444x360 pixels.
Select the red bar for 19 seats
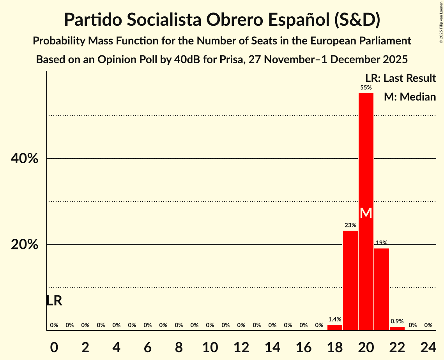350,281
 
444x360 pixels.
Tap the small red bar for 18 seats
334,328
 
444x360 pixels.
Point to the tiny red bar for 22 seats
397,328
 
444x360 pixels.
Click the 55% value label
366,88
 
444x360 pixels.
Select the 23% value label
350,225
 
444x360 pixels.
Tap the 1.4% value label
334,319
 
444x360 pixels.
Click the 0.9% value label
397,321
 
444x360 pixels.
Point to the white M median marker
366,213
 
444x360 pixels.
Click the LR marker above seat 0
54,300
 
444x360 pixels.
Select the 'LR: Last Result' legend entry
400,78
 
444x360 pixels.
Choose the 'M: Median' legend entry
410,97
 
